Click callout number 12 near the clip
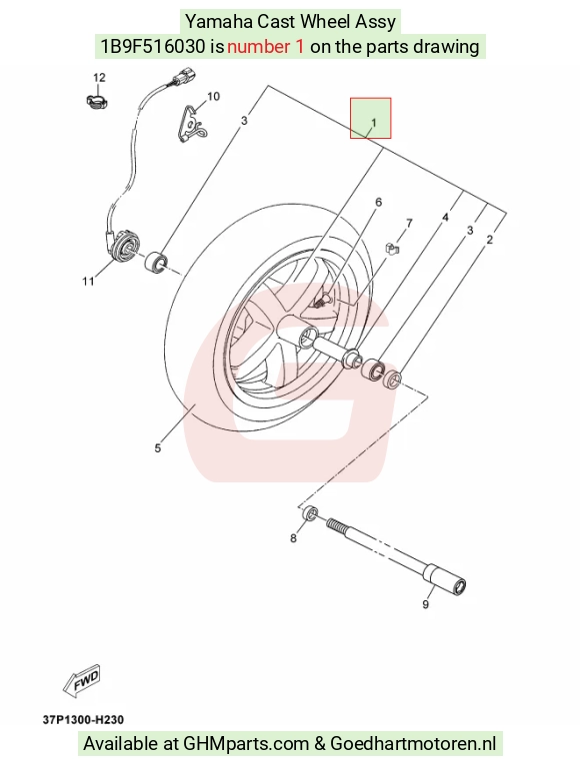99,77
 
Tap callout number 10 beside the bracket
214,96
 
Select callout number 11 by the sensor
88,281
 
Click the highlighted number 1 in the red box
374,123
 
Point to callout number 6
378,202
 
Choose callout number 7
409,223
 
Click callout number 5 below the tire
158,447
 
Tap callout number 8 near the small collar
293,538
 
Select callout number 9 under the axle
426,604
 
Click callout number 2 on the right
490,239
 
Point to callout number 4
445,217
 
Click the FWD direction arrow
82,680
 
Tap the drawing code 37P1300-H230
84,720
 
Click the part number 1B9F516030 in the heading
153,46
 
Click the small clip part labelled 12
95,101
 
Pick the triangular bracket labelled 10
192,125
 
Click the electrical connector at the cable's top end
184,77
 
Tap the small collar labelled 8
310,513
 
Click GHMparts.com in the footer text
246,744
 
